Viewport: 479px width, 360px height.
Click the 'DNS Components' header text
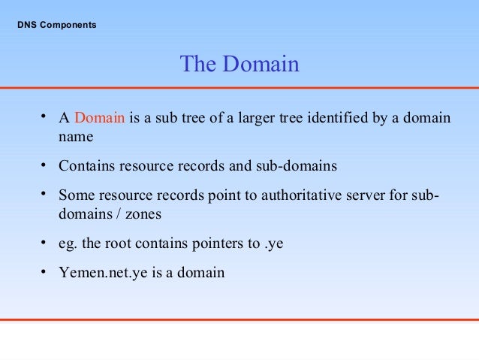pyautogui.click(x=56, y=26)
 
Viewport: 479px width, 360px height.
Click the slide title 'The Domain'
pyautogui.click(x=239, y=65)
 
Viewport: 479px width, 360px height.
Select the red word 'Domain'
pyautogui.click(x=100, y=119)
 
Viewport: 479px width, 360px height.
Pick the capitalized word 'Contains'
pyautogui.click(x=84, y=165)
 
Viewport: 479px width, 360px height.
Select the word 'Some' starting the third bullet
pyautogui.click(x=76, y=195)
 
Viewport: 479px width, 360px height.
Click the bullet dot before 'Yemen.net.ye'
pyautogui.click(x=45, y=271)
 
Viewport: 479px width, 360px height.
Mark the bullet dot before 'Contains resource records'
pyautogui.click(x=45, y=163)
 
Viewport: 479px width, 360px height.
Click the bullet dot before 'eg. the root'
pyautogui.click(x=45, y=241)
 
